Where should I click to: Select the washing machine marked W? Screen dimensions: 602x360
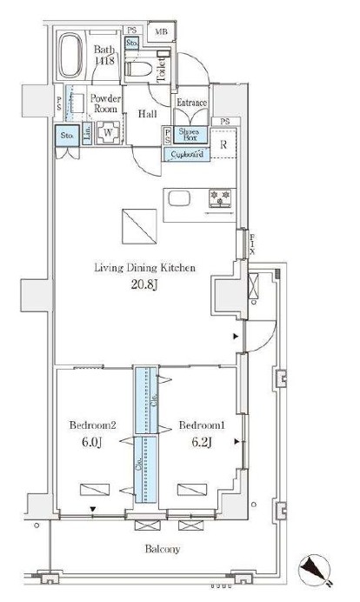[108, 135]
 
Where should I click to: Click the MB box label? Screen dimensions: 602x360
[160, 33]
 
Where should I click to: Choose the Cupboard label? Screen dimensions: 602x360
[187, 154]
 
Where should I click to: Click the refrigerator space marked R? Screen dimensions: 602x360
[223, 144]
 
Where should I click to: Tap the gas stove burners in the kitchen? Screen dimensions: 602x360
[219, 198]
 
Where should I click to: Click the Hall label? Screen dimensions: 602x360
[145, 112]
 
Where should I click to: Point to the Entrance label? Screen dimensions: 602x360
[191, 103]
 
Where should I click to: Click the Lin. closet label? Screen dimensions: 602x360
[88, 135]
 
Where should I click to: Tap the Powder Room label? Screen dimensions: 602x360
[104, 104]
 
